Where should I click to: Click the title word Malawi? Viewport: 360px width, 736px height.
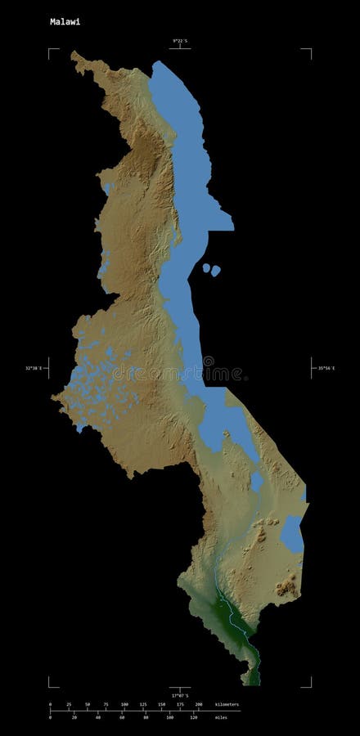click(x=65, y=22)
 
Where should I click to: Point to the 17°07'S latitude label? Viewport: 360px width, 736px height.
click(x=179, y=695)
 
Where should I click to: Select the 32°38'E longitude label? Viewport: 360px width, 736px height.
click(x=33, y=369)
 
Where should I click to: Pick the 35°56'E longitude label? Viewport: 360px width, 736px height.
click(x=326, y=369)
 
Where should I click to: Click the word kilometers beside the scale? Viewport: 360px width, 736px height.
click(x=227, y=703)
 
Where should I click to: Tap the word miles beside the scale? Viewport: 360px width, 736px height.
click(x=222, y=717)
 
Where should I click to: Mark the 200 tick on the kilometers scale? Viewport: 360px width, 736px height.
click(x=199, y=704)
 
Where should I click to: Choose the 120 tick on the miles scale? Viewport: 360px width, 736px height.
click(x=193, y=717)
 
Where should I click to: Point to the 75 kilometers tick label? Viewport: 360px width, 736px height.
click(x=106, y=704)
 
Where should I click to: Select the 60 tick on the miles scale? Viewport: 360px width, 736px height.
click(x=121, y=717)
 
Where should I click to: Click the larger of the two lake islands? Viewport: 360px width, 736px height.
click(x=215, y=271)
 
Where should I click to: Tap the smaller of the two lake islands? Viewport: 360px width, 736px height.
click(x=206, y=267)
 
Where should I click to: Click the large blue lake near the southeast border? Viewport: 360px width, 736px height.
click(x=292, y=533)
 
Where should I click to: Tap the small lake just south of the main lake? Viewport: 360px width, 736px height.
click(x=257, y=481)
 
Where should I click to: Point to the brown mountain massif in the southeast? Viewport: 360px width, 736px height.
click(x=286, y=586)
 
